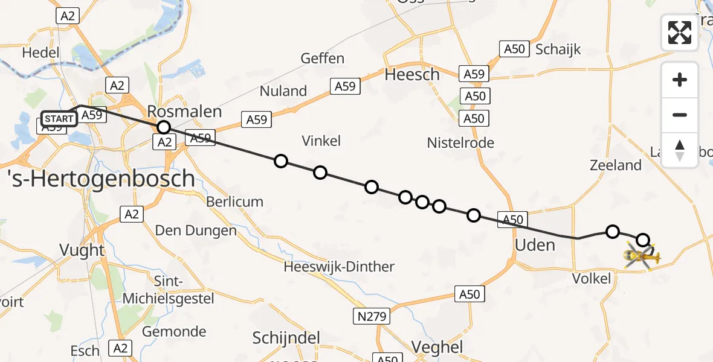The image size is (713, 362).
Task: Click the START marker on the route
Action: tap(59, 118)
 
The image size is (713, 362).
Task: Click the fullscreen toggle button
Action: tap(680, 33)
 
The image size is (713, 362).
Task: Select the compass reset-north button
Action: tap(680, 150)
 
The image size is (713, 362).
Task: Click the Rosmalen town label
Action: tap(185, 112)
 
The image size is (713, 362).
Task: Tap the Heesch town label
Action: tap(412, 75)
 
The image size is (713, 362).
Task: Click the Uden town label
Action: tap(535, 244)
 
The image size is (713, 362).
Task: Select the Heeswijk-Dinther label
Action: tap(339, 267)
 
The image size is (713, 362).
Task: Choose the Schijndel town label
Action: tap(286, 338)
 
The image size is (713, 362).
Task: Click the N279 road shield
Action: tap(371, 316)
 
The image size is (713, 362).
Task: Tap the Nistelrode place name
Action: tap(460, 143)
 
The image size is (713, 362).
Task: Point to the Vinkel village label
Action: tap(321, 141)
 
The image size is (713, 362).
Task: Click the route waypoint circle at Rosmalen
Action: tap(163, 127)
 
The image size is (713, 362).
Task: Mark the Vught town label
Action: tap(82, 250)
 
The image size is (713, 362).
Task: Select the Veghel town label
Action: tap(437, 347)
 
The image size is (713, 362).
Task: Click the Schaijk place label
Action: tap(558, 49)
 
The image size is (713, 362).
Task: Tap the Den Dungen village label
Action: tap(196, 230)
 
